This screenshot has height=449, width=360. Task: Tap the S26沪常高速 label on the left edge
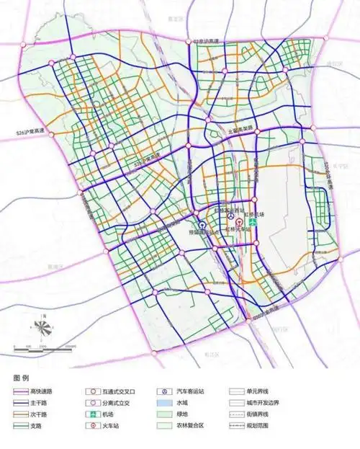[x=30, y=131]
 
